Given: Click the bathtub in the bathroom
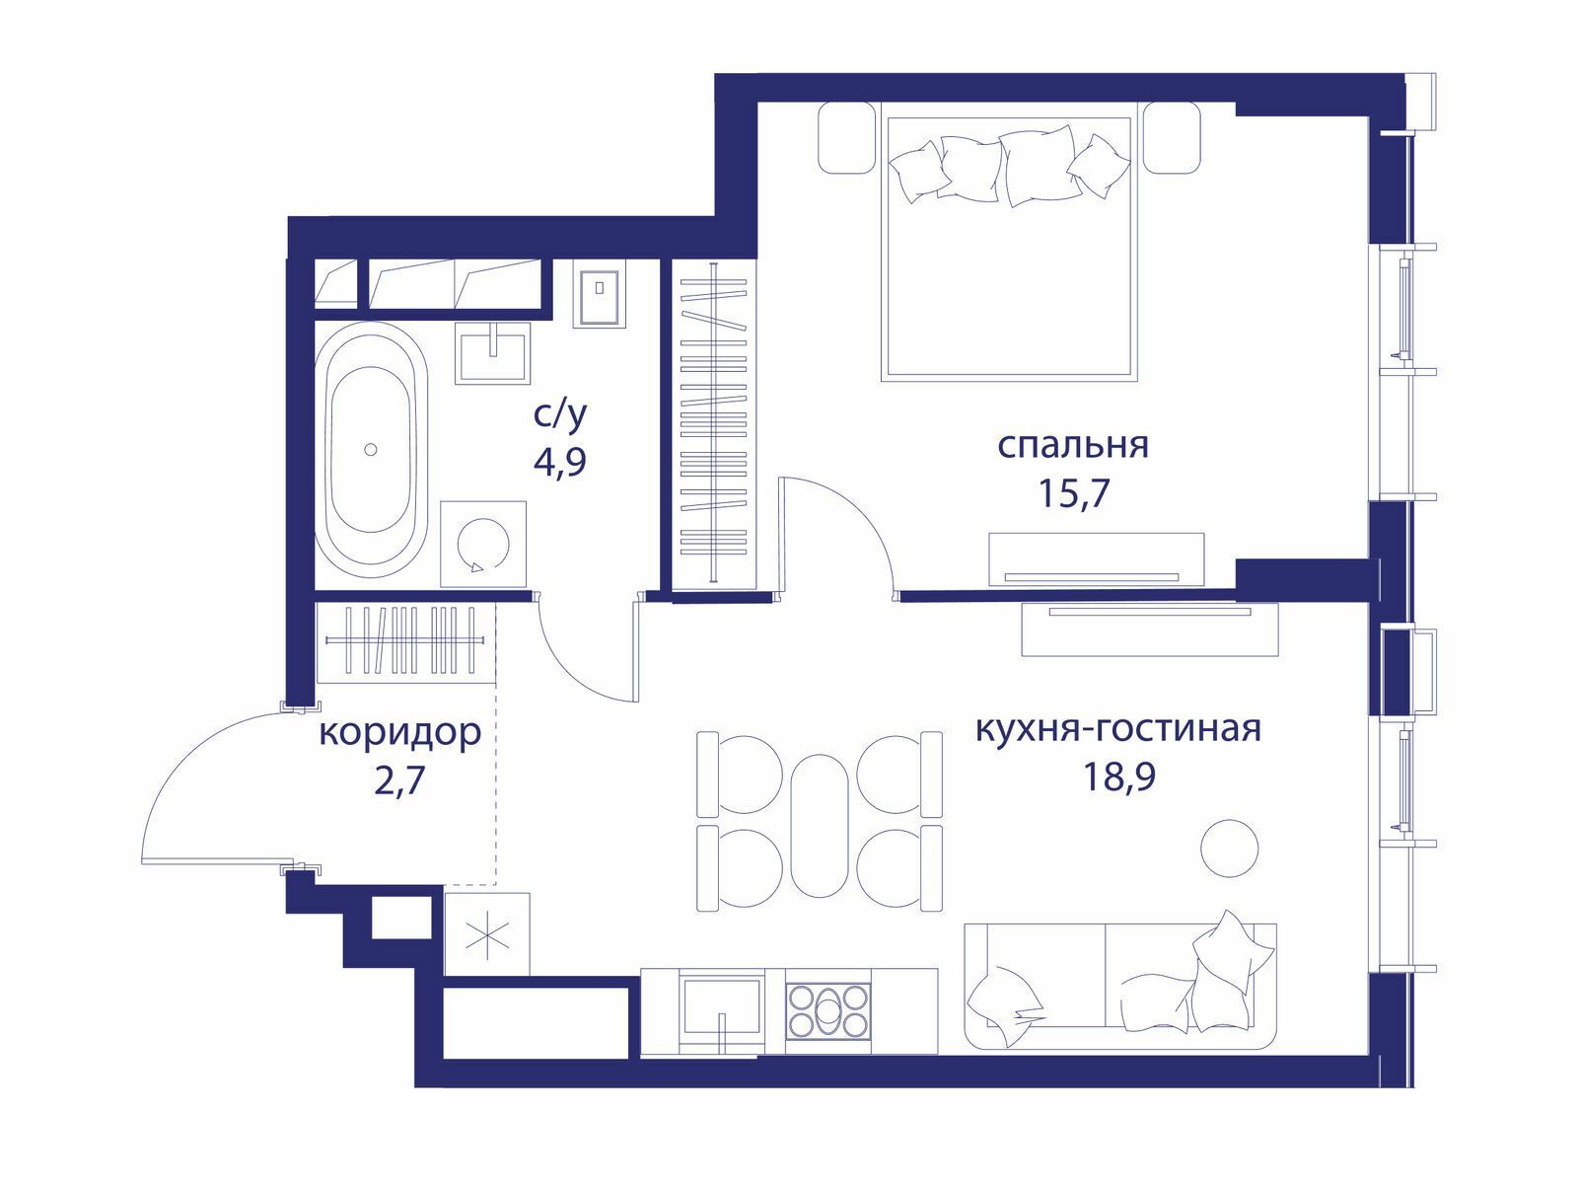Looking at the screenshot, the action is tap(370, 450).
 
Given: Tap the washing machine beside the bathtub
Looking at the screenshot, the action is tap(483, 545).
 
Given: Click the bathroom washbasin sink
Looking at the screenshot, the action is tap(492, 352).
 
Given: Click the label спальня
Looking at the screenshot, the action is tap(1073, 446).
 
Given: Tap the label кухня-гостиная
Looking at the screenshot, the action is tap(1117, 729).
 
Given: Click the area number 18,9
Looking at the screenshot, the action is tap(1119, 777).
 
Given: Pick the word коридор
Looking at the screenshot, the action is tap(399, 734).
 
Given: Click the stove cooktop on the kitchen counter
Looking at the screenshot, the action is tap(828, 1012).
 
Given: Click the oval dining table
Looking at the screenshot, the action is tap(820, 825).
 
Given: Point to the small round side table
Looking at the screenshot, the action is tap(1230, 848).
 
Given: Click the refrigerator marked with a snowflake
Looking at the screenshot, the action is tap(487, 934).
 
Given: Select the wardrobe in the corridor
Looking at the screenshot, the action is tap(405, 642).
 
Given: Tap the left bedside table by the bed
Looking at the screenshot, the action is tap(847, 137).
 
